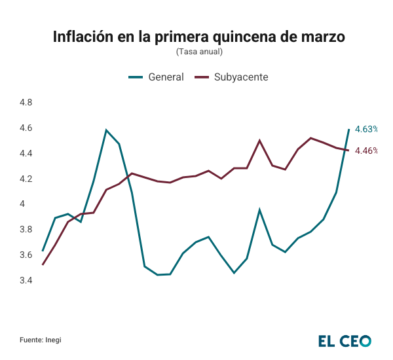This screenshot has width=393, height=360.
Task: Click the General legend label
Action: click(x=166, y=77)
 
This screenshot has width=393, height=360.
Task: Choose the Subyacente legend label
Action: click(x=241, y=77)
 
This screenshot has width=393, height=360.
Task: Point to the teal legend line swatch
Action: click(x=135, y=77)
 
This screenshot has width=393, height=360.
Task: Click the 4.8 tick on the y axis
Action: click(x=26, y=103)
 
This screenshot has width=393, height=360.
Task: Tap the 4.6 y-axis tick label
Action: click(x=26, y=128)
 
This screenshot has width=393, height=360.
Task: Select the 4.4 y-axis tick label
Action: click(x=26, y=154)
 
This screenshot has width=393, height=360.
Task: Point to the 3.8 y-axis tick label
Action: click(x=26, y=230)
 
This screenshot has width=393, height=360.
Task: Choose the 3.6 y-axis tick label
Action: click(x=26, y=255)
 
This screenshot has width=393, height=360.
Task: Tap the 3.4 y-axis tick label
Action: click(x=26, y=281)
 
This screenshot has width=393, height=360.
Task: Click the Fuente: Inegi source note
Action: click(x=45, y=340)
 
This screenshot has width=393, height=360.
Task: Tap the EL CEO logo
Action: click(x=345, y=341)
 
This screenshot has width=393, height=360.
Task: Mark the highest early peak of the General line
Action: click(x=106, y=130)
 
